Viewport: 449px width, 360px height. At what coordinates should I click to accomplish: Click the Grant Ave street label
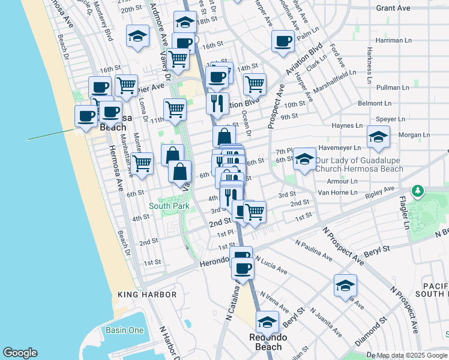393,8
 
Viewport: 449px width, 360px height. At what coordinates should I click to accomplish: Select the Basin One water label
124,331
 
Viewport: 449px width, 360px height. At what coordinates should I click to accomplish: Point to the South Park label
169,206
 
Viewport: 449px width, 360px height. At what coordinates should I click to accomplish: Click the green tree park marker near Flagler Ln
417,191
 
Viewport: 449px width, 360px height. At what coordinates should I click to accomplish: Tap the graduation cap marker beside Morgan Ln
378,138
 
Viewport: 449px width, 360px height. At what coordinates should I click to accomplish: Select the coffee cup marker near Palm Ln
283,41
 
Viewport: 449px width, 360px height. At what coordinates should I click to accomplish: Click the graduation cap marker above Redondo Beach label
267,323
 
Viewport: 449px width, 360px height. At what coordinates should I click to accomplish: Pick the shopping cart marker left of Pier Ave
126,86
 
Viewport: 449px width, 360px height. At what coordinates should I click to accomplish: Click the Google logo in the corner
20,353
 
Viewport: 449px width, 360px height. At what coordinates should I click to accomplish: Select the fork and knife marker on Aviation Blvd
217,103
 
